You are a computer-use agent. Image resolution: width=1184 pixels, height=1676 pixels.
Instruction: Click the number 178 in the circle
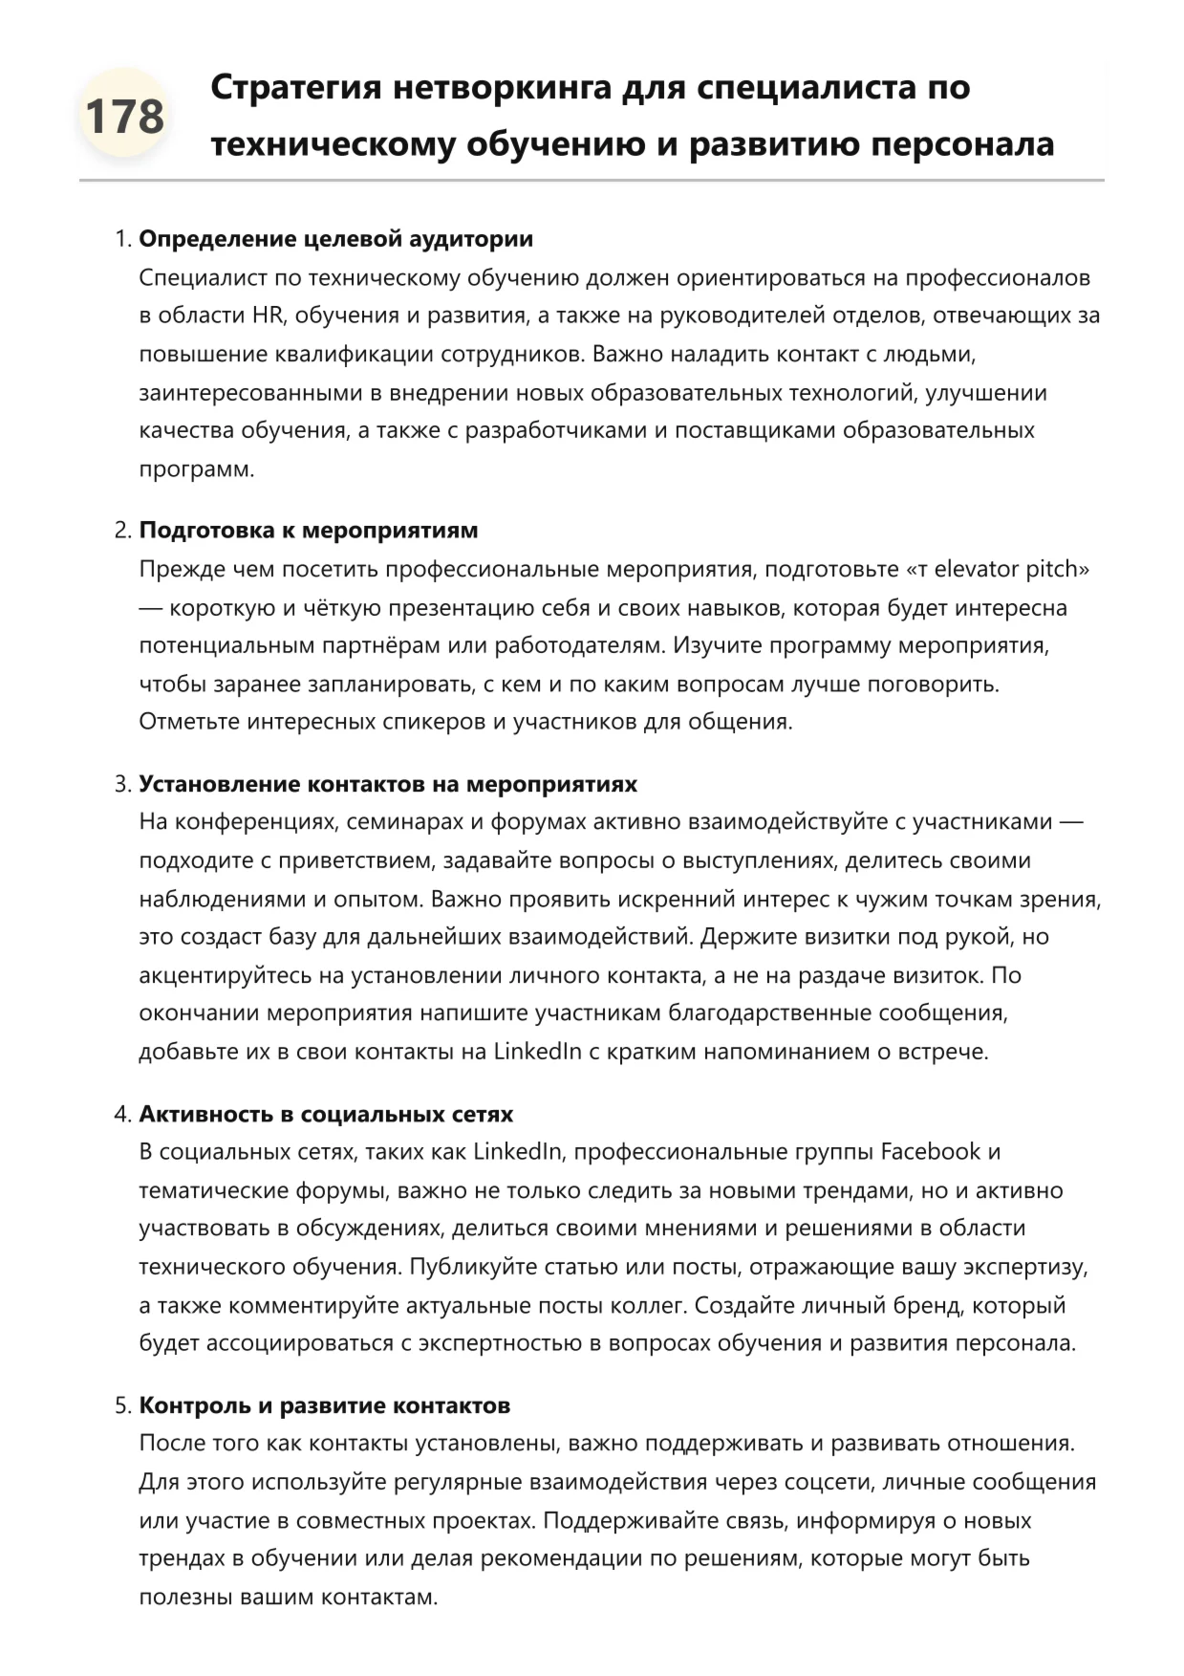click(x=124, y=117)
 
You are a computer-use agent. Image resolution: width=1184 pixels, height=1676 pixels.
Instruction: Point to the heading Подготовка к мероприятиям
click(x=308, y=531)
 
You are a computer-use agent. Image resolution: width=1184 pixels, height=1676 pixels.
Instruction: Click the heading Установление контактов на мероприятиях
click(x=388, y=784)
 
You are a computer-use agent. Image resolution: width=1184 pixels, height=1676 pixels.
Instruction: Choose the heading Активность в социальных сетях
click(x=326, y=1114)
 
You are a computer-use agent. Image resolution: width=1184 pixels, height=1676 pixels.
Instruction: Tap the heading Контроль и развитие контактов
click(x=324, y=1405)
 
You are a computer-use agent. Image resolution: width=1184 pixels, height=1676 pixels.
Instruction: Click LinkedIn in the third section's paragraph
click(x=537, y=1052)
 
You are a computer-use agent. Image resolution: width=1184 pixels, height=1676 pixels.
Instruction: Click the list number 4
click(x=121, y=1114)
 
